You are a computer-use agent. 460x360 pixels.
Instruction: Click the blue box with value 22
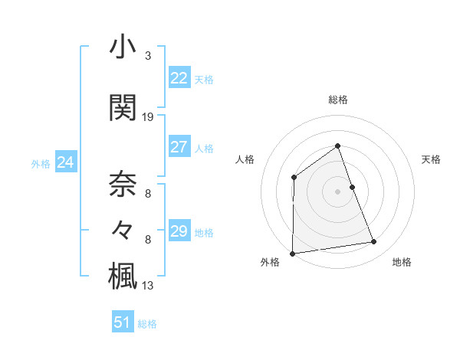pos(179,78)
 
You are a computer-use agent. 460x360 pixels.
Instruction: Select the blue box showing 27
pos(179,147)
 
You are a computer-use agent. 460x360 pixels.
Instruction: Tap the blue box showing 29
pos(179,231)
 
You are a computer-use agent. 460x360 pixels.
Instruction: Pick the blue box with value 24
pos(65,162)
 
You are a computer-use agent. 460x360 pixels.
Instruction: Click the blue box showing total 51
pos(123,322)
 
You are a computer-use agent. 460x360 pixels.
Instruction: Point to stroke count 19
pos(148,117)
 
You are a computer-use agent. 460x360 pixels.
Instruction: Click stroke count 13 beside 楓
pos(148,286)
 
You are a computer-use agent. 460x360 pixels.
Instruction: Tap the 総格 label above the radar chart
pos(337,100)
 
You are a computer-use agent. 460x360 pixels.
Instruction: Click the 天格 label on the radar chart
pos(431,159)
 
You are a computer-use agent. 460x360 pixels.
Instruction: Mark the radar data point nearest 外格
pos(292,254)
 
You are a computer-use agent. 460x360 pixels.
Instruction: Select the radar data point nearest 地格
pos(374,242)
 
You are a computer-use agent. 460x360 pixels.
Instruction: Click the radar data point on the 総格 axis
pos(337,146)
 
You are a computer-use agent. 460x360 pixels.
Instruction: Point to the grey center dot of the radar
pos(337,191)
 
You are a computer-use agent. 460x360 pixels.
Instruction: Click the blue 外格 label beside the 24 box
pos(41,163)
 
